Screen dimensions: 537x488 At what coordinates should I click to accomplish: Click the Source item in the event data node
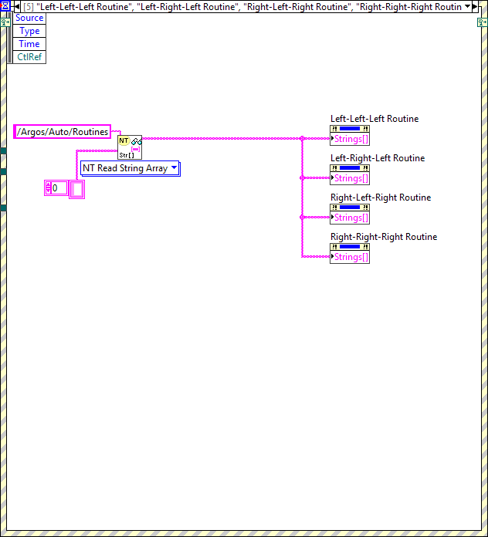(29, 18)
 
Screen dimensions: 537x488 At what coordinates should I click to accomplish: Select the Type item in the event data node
(29, 31)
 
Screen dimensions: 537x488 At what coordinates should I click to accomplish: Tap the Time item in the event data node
(29, 44)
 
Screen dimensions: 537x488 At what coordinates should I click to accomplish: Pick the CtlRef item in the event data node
(29, 57)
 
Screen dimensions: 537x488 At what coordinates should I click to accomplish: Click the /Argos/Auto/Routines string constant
(63, 132)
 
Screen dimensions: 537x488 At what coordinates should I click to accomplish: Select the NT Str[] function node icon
(130, 146)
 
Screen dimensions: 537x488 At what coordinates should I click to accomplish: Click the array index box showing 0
(56, 188)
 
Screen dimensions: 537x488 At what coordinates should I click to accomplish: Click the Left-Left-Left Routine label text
(374, 119)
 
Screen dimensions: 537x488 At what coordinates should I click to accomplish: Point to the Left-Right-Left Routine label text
(378, 158)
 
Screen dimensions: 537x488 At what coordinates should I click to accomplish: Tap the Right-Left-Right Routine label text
(381, 198)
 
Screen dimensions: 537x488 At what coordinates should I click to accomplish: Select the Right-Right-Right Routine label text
(384, 237)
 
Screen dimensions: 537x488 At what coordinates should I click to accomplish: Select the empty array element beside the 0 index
(76, 189)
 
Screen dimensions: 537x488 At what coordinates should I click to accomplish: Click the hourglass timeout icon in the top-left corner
(5, 6)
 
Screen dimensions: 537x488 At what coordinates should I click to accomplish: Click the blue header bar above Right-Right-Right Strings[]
(350, 247)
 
